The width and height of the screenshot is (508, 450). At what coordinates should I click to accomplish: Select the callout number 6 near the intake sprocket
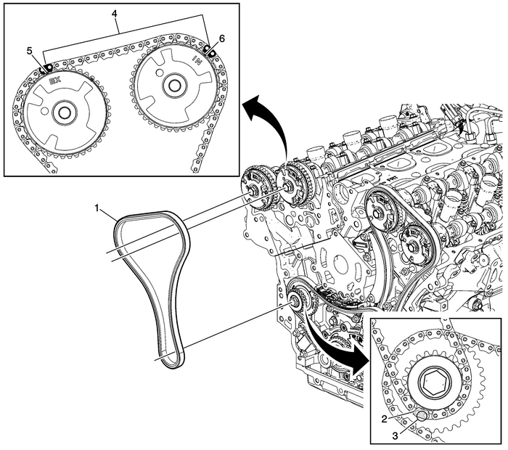[221, 37]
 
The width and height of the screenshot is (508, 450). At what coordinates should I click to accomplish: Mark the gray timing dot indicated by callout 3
[423, 417]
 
